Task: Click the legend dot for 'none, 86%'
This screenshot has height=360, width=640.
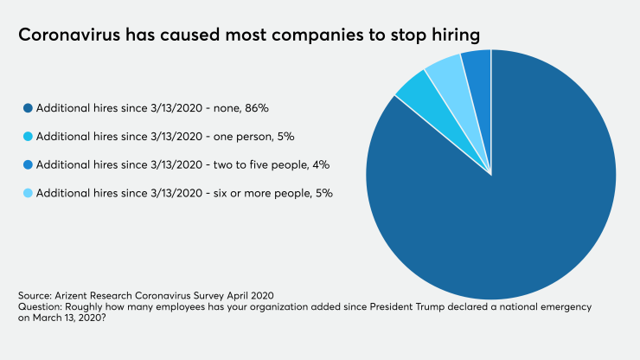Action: [x=29, y=108]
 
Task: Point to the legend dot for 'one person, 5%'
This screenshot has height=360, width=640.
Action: [x=29, y=136]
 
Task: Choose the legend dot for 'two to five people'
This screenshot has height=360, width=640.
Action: [x=29, y=164]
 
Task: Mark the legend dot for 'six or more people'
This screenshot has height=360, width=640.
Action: [x=29, y=192]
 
